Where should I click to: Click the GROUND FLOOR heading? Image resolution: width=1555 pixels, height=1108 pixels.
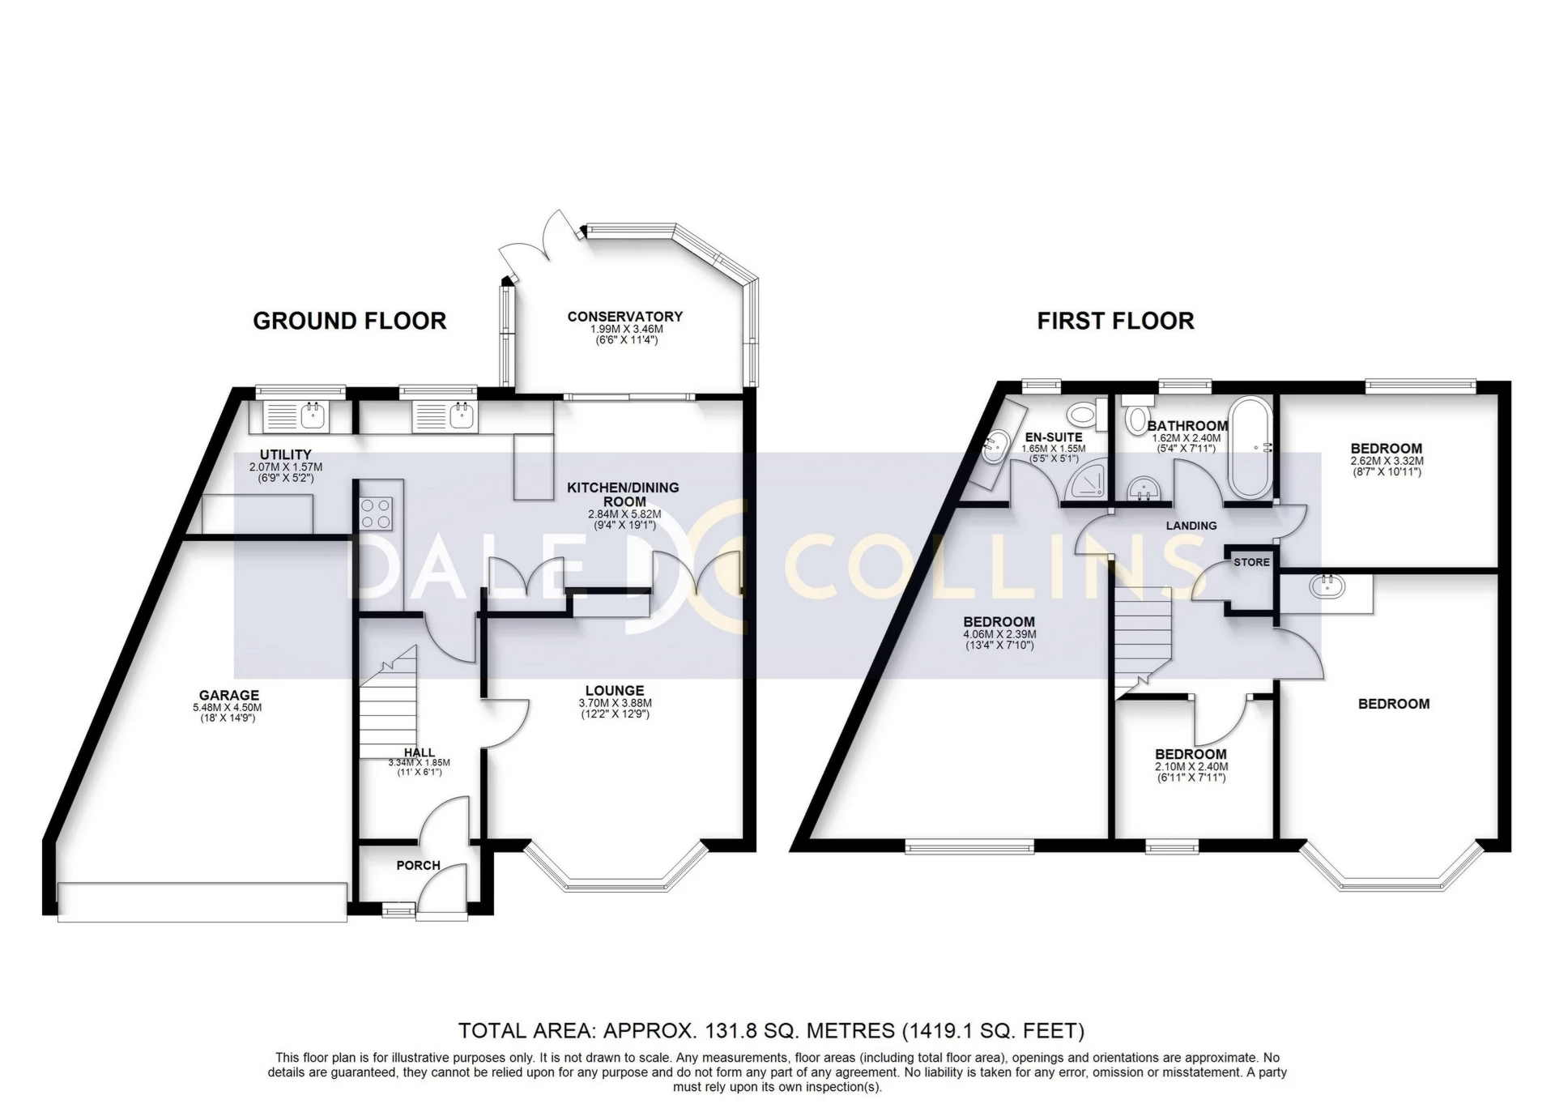coord(349,321)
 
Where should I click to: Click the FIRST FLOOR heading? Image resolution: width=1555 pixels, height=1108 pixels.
coord(1115,321)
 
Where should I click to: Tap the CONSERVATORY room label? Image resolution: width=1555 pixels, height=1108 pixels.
coord(624,317)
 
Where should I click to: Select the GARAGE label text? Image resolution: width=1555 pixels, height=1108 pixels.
coord(229,695)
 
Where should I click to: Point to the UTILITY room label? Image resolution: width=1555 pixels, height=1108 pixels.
coord(285,454)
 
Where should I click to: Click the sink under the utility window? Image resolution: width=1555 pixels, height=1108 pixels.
coord(313,416)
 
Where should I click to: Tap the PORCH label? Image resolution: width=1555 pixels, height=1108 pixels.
coord(418,865)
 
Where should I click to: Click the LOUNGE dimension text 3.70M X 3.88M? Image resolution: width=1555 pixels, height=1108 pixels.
coord(615,703)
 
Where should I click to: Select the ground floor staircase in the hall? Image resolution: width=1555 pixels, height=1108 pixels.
coord(387,713)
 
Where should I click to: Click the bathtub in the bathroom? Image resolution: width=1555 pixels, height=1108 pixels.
coord(1251,447)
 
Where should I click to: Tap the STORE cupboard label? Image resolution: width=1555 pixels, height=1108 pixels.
coord(1251,562)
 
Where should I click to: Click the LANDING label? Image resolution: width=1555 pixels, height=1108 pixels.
coord(1191,526)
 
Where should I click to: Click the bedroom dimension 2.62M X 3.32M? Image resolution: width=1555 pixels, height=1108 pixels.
coord(1386,461)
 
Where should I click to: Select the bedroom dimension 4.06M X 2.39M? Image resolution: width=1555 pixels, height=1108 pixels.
coord(999,634)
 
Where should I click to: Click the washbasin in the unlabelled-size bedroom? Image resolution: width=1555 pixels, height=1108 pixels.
coord(1327,586)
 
